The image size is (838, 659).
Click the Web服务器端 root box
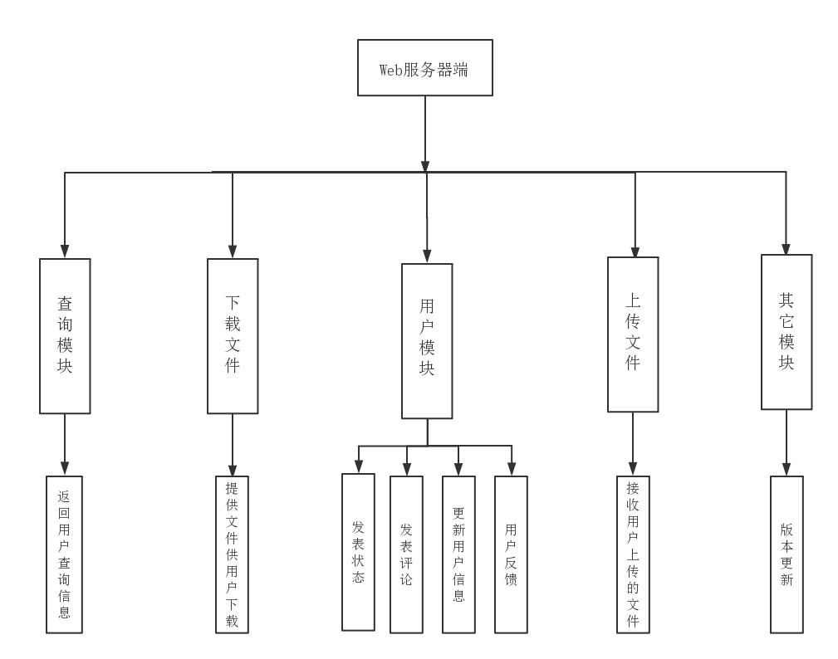pos(425,68)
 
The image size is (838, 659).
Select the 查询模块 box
pos(65,336)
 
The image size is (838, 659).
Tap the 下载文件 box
pos(233,336)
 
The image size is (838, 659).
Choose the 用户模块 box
pos(427,341)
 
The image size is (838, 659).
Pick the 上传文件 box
pos(633,334)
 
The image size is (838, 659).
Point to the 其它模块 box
pos(787,332)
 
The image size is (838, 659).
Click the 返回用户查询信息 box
pos(64,554)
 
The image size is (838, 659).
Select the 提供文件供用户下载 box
pos(232,554)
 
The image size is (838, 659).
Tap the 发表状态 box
pos(358,552)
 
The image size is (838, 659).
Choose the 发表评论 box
pos(406,554)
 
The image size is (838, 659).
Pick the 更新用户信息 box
pos(458,554)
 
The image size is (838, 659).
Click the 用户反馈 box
pos(511,554)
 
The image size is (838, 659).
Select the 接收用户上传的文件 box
pos(634,554)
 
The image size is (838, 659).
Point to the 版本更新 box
pos(787,554)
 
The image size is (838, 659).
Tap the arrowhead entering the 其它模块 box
pos(787,248)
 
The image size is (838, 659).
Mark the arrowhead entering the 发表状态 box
pos(359,466)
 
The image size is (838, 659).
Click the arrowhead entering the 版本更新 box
pos(787,470)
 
